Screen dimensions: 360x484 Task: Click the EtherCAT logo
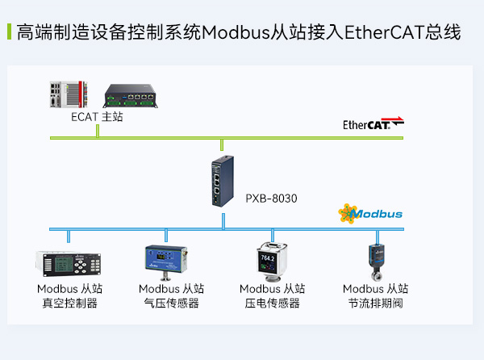point(373,124)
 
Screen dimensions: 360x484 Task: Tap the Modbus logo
point(370,214)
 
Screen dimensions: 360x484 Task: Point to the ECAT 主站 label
point(97,117)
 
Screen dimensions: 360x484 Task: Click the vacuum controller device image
point(68,263)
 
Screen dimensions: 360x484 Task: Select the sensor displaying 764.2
point(270,261)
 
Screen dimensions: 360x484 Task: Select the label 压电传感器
point(272,303)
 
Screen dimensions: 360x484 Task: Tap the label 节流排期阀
point(375,303)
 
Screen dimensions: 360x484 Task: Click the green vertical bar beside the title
point(9,33)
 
